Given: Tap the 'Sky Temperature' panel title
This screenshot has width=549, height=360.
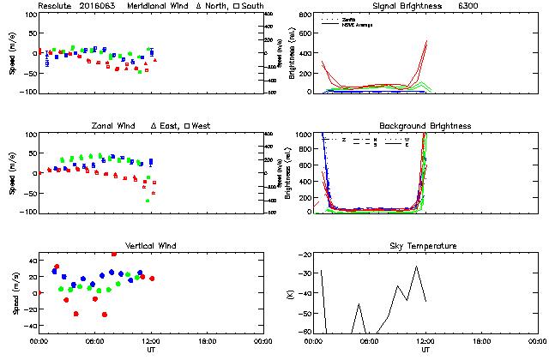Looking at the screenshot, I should [x=425, y=246].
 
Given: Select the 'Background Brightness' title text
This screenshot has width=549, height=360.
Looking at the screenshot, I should [x=425, y=126].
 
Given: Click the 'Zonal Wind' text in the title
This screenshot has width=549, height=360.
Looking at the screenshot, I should [x=112, y=126].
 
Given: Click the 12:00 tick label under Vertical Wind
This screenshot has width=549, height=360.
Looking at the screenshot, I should [x=151, y=342].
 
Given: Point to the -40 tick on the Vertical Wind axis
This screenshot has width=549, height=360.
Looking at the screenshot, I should [x=28, y=326].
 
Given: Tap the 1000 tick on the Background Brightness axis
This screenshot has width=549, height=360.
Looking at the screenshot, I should [x=301, y=135].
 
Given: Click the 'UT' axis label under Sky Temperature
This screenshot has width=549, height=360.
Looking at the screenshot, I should [x=425, y=351].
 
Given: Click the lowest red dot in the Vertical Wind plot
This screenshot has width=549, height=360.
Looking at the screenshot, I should [x=105, y=315].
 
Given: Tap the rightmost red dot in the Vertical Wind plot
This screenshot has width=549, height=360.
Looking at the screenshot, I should [x=152, y=279].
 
